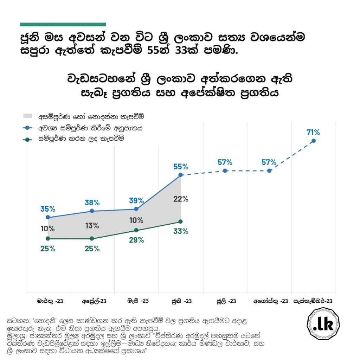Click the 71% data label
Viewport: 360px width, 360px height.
pos(313,133)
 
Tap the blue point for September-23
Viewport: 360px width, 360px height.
pos(314,141)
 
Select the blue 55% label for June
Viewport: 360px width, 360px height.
pos(181,167)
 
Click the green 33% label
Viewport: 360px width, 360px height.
pos(181,231)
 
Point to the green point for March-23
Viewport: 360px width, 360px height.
pos(48,239)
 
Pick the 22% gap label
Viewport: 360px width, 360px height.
pos(181,199)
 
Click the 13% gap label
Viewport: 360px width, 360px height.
pos(92,226)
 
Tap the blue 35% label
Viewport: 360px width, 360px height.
pos(48,209)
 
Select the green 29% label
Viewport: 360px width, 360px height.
pos(136,240)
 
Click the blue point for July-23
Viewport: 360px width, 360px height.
pos(225,171)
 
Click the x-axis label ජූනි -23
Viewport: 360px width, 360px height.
pos(181,301)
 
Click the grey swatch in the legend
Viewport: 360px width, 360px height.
pos(30,116)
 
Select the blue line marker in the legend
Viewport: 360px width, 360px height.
pos(30,128)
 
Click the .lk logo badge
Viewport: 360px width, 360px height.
pos(323,324)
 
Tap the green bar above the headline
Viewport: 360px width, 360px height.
pos(63,25)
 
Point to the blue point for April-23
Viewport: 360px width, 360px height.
pos(92,211)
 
